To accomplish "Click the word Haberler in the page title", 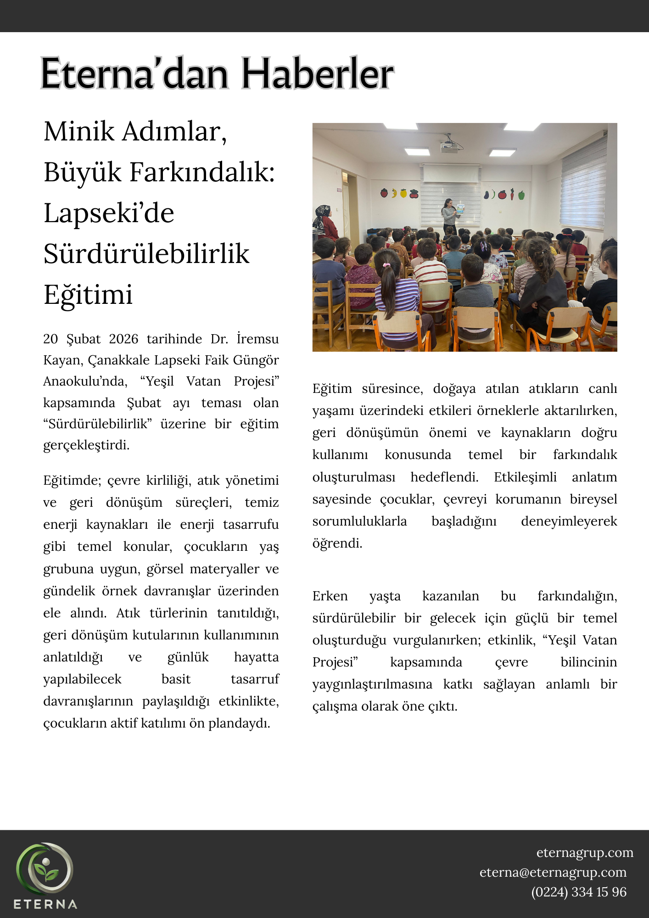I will coord(318,73).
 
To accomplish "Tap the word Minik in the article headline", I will coord(79,132).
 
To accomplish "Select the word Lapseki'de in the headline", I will coord(109,213).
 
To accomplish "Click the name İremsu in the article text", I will coord(257,339).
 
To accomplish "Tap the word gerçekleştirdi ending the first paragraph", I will coord(86,445).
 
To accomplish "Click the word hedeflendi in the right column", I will coord(444,477).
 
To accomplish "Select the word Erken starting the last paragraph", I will coord(330,596).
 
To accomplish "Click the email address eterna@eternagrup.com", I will coord(553,872).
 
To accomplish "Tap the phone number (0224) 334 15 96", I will coord(578,892).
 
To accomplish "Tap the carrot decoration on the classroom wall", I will coord(512,195).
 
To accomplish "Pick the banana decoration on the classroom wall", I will coord(394,193).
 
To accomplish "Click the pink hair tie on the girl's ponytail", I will coord(387,265).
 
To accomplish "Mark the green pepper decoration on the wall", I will coord(521,195).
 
